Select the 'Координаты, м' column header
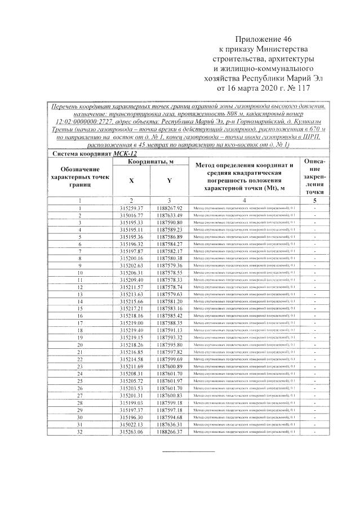150,162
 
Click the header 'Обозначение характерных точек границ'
80,176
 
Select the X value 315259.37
131,208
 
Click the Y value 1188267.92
170,208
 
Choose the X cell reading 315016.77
131,215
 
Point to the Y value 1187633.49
170,215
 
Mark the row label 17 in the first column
80,323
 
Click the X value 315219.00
131,323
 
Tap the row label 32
80,431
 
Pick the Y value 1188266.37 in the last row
170,431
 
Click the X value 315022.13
131,424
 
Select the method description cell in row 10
244,273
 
